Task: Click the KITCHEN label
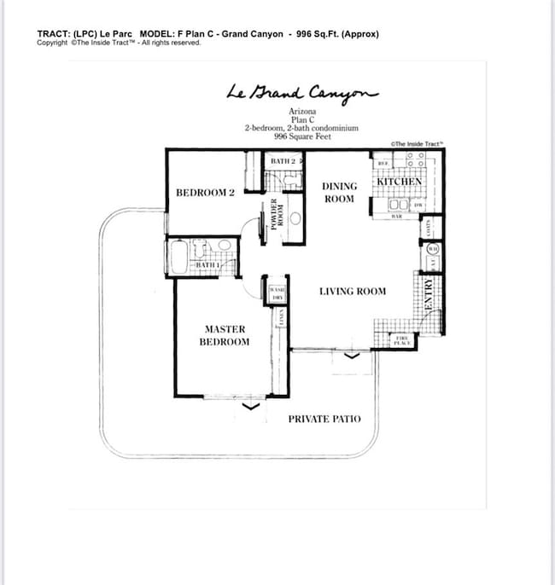point(399,182)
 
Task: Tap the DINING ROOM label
point(338,192)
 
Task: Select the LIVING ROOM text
point(352,291)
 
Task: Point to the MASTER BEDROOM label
point(225,335)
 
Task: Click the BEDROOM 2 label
point(205,193)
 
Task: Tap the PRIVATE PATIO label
point(324,419)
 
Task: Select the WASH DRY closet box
point(277,293)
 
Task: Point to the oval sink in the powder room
point(295,218)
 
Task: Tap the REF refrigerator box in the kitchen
point(384,163)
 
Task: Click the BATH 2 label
point(283,160)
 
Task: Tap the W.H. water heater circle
point(433,249)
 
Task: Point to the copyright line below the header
point(119,43)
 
